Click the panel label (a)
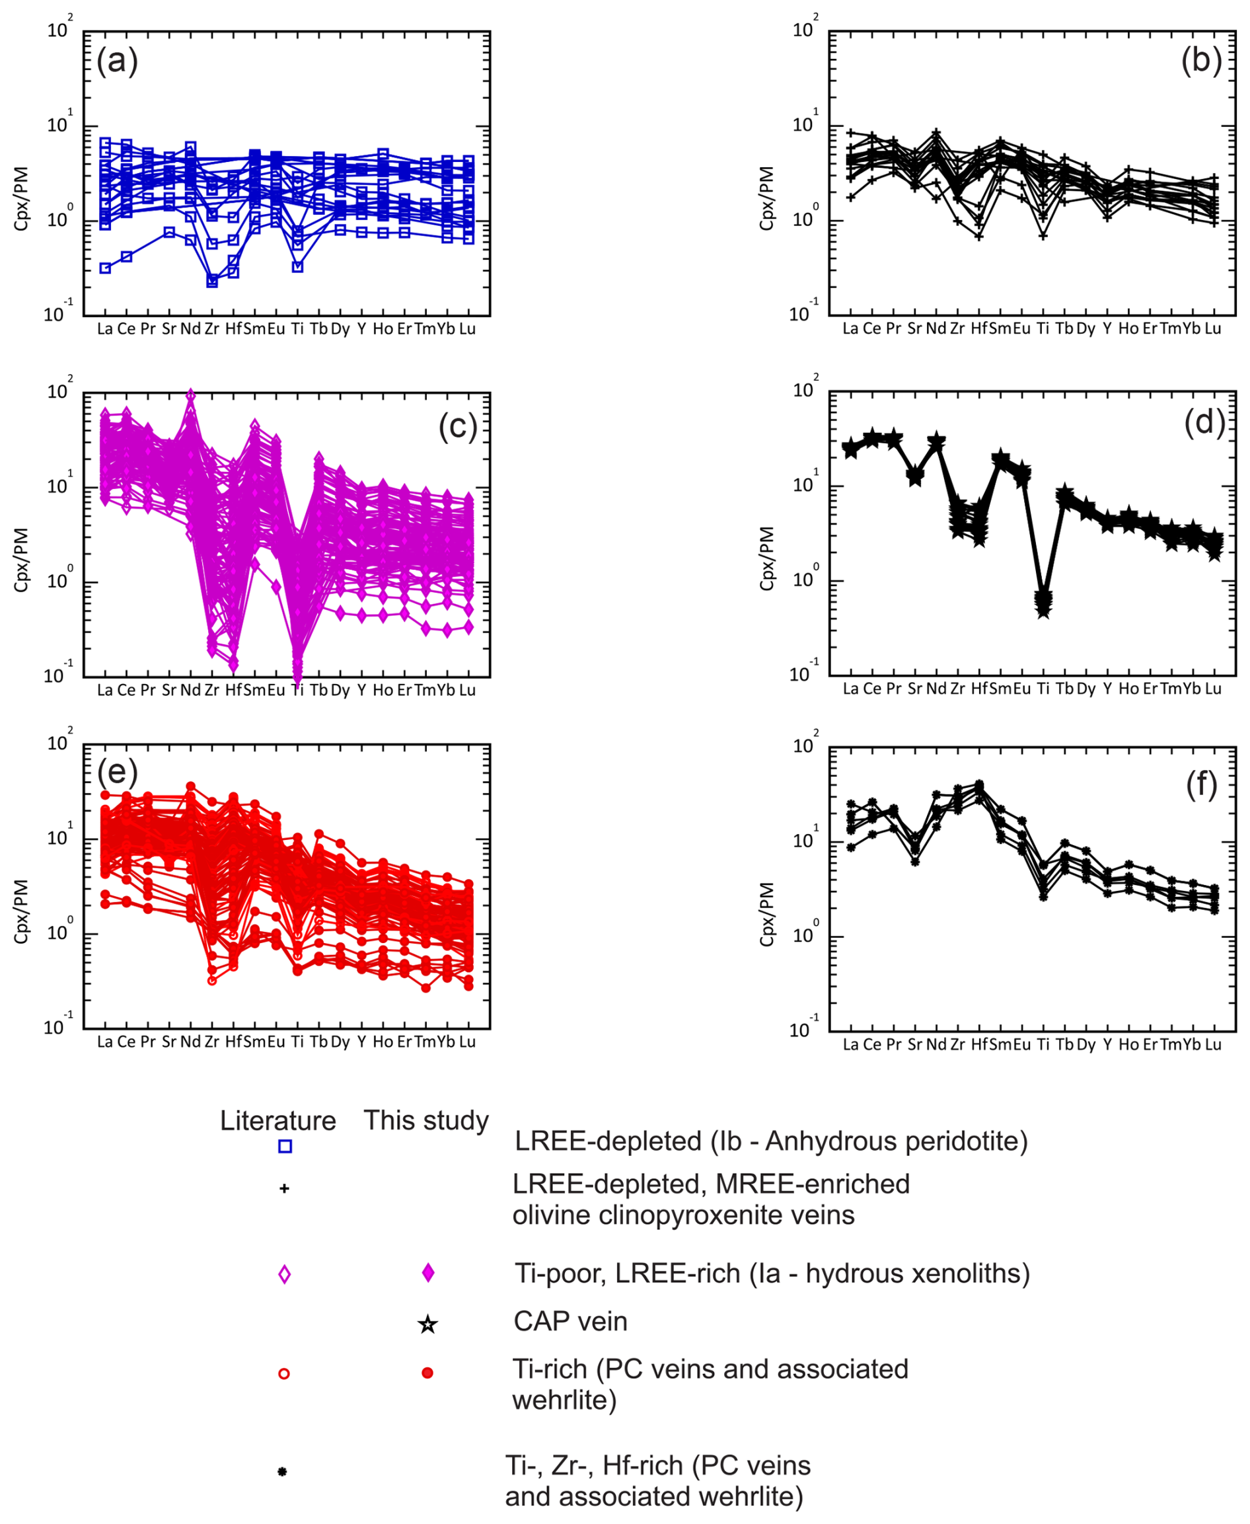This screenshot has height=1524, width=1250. click(118, 61)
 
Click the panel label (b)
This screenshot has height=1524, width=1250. click(1201, 61)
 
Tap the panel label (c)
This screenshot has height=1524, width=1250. click(458, 427)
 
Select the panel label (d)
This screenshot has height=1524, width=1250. click(1204, 423)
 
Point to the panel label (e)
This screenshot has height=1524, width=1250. click(118, 772)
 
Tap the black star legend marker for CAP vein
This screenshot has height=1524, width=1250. click(427, 1324)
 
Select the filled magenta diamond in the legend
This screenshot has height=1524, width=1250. click(427, 1273)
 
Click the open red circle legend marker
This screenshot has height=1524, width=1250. click(284, 1373)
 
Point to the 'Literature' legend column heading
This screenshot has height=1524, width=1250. click(278, 1121)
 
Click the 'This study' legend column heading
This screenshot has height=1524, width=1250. click(426, 1120)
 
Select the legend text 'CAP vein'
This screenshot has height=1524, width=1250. click(570, 1322)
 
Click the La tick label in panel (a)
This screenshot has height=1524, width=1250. click(105, 329)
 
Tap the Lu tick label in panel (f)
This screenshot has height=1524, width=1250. click(1213, 1044)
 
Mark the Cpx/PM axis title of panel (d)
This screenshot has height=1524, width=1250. click(768, 558)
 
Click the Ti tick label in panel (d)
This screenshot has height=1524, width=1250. click(1043, 689)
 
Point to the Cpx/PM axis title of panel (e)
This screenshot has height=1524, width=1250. click(22, 911)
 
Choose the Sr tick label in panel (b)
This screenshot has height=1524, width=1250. click(914, 328)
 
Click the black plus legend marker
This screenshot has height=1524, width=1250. click(284, 1188)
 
